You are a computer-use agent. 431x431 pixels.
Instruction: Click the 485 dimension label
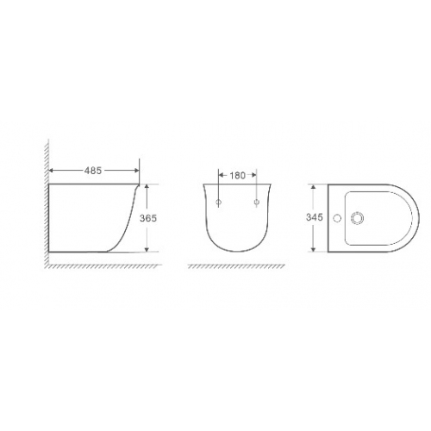93,171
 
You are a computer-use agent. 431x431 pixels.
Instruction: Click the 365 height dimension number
148,218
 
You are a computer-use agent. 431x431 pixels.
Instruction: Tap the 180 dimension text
238,175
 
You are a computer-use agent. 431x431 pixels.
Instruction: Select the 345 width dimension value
315,217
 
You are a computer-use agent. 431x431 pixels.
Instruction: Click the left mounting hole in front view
219,203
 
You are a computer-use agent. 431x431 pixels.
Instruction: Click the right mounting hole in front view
257,203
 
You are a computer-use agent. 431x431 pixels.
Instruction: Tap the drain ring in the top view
357,218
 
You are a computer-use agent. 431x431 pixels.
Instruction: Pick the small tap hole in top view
337,218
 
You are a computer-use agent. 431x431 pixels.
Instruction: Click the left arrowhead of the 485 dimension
52,171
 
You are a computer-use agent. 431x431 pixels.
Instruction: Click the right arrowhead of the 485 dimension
136,171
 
